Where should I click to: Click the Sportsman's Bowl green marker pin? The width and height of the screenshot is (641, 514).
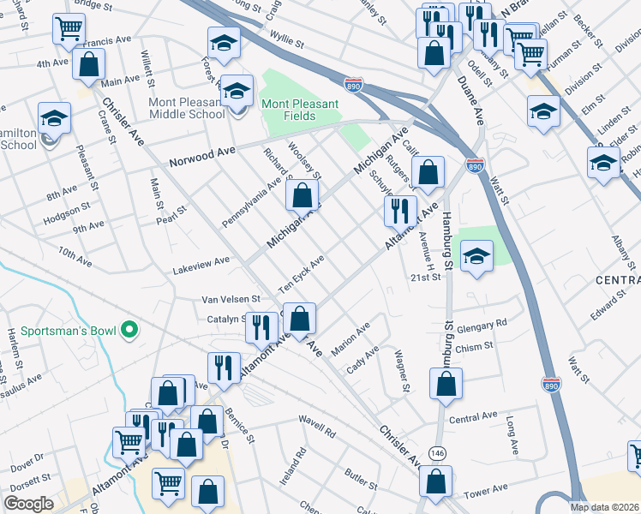pos(129,329)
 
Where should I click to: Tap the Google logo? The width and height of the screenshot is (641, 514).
pos(28,504)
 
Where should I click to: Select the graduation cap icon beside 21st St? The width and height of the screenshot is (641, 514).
pos(476,254)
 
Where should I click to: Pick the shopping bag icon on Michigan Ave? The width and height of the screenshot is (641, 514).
pos(302,196)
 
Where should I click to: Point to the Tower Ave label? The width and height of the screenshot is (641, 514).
pos(480,494)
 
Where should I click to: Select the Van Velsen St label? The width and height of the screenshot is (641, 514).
pos(229,300)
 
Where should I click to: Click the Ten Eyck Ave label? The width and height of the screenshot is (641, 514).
pos(300,273)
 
